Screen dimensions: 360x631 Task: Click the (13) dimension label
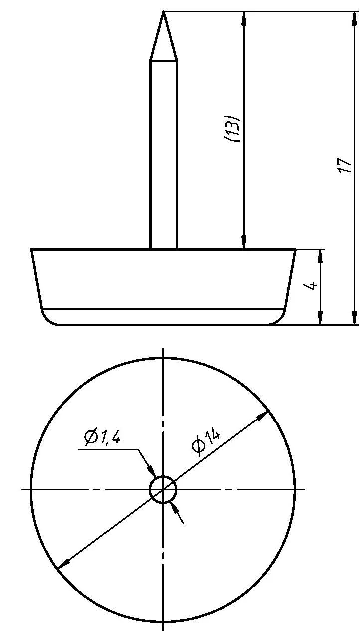coord(232,129)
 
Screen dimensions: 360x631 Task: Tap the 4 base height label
coord(311,285)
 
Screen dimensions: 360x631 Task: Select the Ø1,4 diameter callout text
coord(103,438)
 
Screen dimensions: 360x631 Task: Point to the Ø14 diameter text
coord(206,442)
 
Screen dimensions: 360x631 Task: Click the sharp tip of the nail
coord(163,11)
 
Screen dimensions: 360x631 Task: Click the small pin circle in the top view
coord(163,489)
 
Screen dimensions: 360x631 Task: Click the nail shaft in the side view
coord(164,155)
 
